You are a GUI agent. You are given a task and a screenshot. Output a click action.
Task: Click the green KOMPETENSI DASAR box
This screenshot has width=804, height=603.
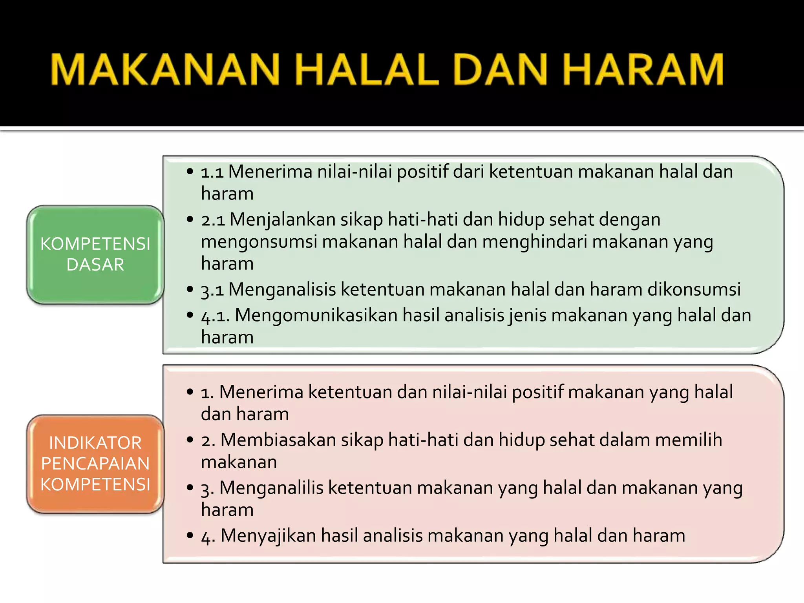click(95, 254)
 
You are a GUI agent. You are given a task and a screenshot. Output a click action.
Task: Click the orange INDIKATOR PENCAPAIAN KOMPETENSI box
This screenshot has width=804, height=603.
click(95, 464)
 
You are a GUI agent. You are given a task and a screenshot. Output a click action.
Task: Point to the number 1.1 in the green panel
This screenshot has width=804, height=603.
click(212, 172)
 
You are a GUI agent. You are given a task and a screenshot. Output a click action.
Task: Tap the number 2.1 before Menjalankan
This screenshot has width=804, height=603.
click(213, 220)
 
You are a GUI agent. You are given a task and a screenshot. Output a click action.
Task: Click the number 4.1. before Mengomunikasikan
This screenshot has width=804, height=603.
click(215, 316)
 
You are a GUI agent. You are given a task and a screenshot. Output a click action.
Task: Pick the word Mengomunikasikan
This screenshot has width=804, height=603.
click(316, 316)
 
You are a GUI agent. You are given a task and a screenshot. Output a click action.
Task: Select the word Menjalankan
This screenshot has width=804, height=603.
click(282, 220)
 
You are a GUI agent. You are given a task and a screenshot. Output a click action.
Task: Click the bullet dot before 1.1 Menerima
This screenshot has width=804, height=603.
click(190, 172)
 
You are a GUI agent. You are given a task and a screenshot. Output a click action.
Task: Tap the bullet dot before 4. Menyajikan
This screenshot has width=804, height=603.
click(190, 535)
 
